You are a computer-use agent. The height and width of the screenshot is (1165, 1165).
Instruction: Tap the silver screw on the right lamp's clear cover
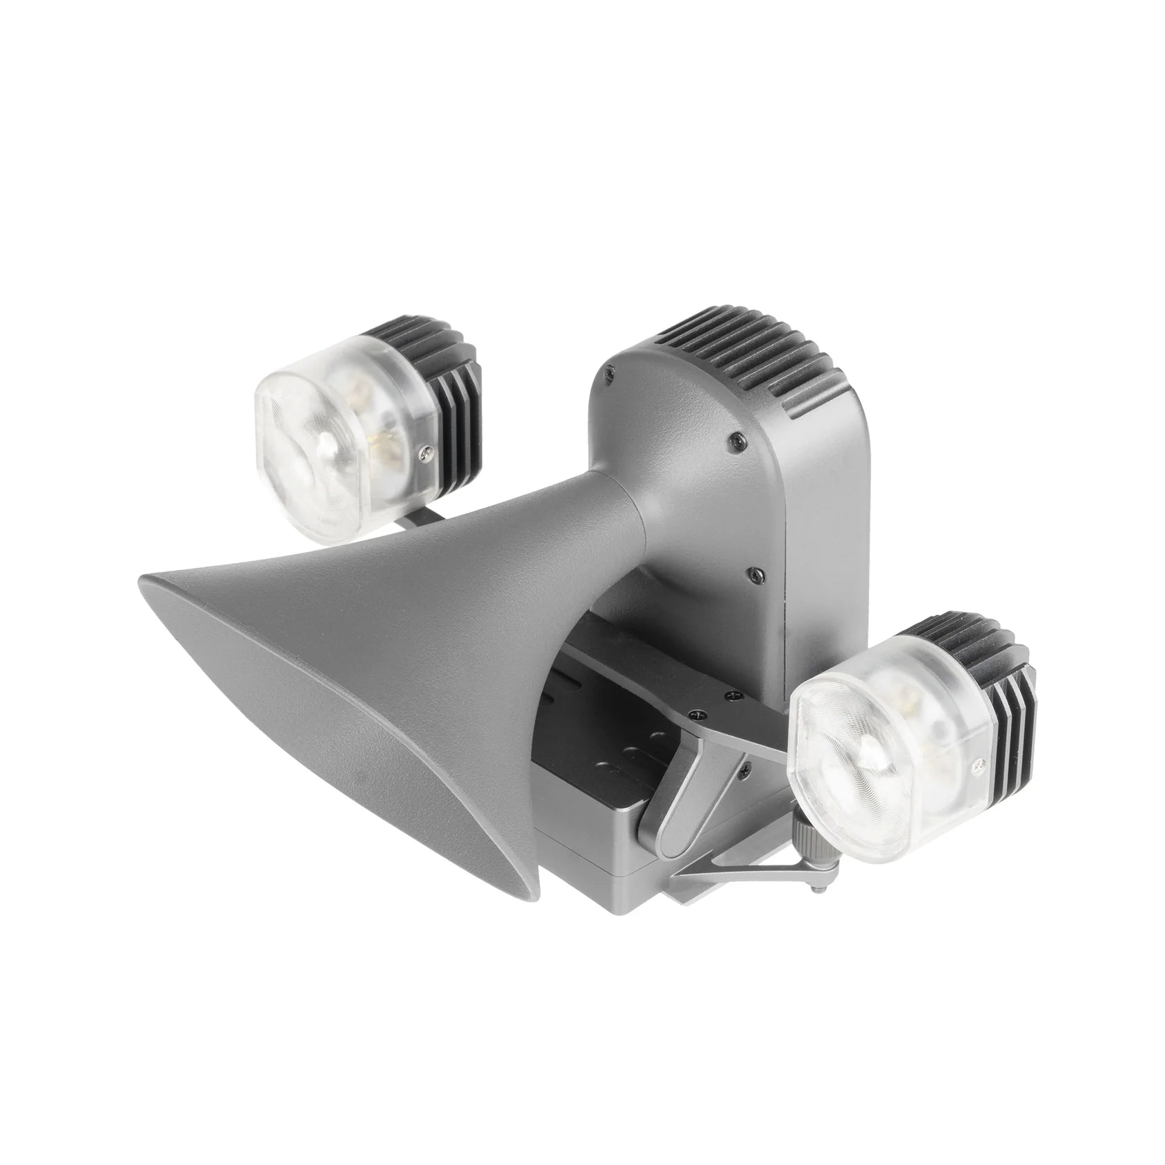(x=979, y=765)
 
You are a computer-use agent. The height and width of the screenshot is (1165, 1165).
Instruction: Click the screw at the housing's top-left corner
(x=608, y=372)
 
